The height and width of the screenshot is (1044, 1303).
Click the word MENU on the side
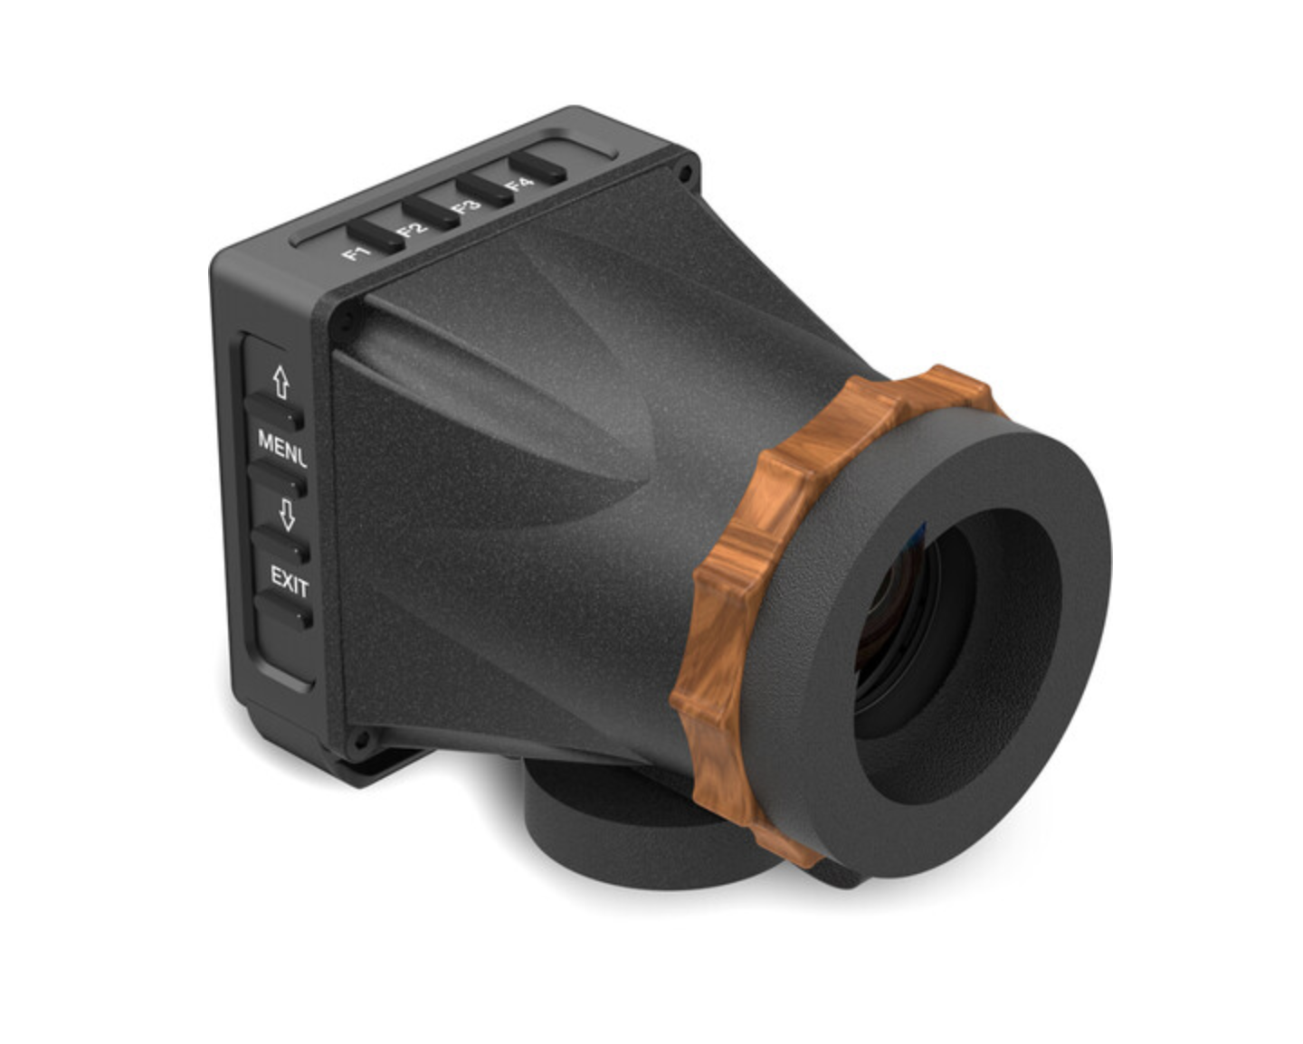[282, 446]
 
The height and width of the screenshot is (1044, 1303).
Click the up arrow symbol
[281, 383]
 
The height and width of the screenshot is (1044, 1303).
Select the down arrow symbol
[287, 515]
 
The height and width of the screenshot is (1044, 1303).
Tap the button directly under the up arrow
[274, 413]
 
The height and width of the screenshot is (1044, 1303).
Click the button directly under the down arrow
[281, 546]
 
